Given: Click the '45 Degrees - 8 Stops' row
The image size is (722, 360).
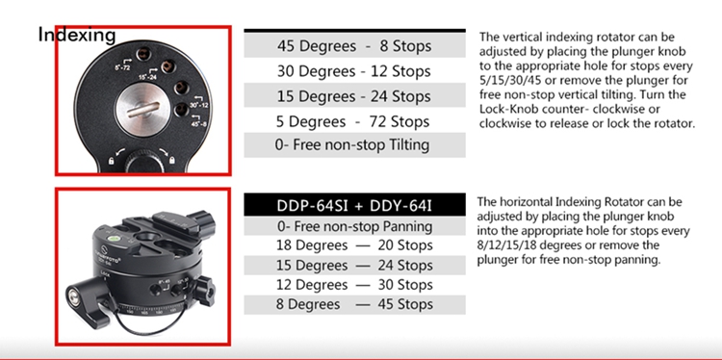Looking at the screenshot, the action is [x=354, y=46].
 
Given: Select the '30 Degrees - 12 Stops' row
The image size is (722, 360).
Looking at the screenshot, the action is [x=354, y=71].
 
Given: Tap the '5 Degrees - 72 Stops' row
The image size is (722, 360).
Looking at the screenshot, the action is [x=354, y=121].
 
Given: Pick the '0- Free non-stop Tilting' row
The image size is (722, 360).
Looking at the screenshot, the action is [x=354, y=145].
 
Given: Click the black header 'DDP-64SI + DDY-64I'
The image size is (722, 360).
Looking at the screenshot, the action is [x=354, y=205].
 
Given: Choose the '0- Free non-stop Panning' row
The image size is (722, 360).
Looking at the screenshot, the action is [x=354, y=226].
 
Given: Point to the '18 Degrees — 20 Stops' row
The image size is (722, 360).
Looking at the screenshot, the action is [x=354, y=245].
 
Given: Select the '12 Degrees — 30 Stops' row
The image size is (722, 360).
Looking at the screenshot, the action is [x=354, y=285].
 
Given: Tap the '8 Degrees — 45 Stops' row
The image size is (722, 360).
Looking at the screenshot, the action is [x=354, y=304].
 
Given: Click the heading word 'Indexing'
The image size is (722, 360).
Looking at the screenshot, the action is [x=77, y=35].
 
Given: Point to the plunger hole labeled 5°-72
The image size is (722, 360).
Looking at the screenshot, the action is [x=142, y=55].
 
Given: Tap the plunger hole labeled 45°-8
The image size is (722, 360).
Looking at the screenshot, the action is [x=181, y=110].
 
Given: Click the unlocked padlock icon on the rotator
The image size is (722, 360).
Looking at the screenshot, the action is [x=111, y=160].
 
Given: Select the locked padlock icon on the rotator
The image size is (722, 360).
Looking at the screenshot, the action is [x=171, y=160].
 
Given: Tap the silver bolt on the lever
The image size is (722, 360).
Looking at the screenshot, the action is [x=74, y=294].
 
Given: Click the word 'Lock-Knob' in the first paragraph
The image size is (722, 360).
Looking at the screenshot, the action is [x=505, y=109].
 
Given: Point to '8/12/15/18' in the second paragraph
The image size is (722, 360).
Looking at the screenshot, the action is [x=506, y=244].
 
